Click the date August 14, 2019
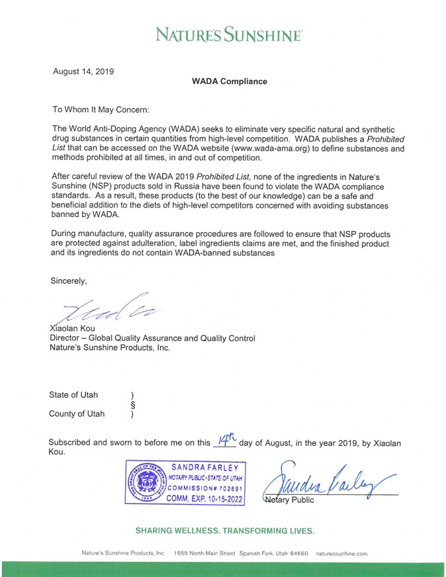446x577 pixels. click(83, 70)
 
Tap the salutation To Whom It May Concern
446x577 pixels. click(101, 109)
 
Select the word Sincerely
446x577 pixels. click(69, 281)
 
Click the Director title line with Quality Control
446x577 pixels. click(153, 338)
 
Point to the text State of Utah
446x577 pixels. click(73, 395)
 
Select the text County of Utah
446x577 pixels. click(77, 414)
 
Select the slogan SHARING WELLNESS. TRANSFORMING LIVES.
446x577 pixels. click(224, 531)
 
